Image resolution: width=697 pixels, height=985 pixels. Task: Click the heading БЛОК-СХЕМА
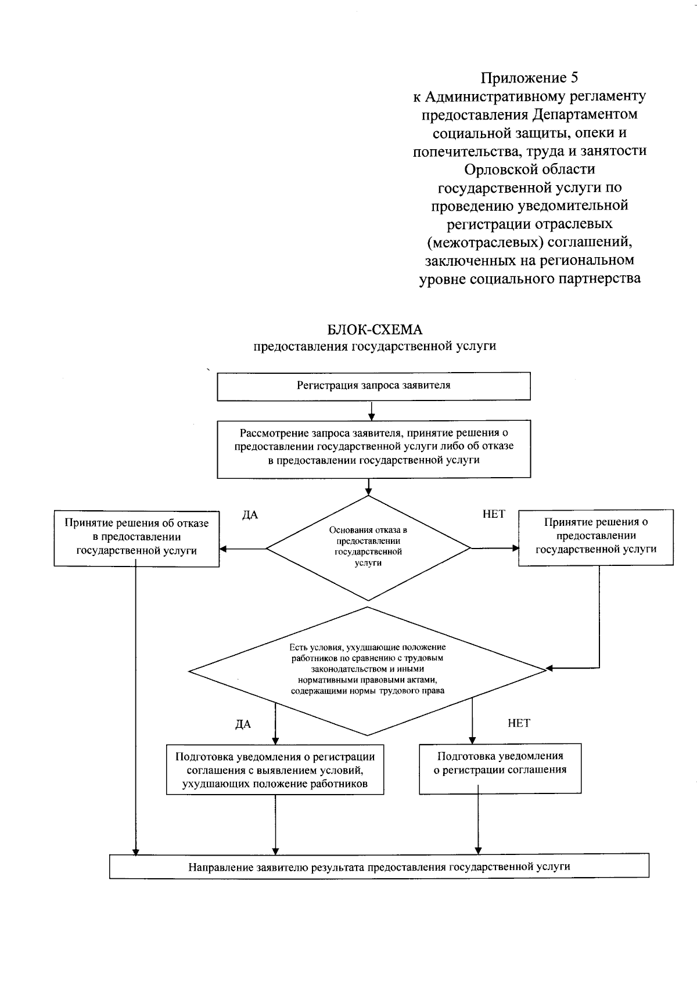[375, 330]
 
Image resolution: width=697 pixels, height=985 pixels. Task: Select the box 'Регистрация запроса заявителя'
[373, 385]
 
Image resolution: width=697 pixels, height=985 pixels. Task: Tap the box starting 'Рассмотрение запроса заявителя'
[373, 446]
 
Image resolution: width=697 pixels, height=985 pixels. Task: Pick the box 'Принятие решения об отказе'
[136, 537]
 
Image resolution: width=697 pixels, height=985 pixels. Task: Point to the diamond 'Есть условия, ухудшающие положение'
[368, 670]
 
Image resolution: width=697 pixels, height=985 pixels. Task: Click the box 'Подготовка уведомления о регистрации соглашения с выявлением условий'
[275, 770]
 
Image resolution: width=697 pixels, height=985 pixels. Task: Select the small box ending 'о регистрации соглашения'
[500, 764]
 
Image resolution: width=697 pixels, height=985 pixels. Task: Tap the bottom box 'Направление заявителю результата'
[379, 867]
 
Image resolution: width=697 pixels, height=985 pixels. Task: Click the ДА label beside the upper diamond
[250, 515]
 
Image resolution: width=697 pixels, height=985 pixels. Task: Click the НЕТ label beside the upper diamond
[494, 514]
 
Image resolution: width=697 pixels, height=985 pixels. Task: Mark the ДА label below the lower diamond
[243, 724]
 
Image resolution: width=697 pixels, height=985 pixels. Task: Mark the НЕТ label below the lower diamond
[519, 723]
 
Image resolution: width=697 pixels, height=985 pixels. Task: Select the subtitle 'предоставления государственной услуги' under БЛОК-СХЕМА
[375, 347]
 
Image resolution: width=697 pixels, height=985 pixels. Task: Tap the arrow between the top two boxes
[372, 410]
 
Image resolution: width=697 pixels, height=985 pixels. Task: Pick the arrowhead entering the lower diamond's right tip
[549, 669]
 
